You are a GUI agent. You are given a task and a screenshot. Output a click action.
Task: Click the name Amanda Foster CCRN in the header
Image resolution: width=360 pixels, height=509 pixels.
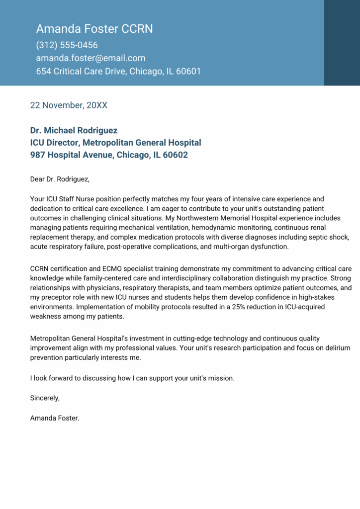click(x=94, y=29)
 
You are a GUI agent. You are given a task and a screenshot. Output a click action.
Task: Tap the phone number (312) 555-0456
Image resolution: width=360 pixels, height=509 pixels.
click(x=67, y=45)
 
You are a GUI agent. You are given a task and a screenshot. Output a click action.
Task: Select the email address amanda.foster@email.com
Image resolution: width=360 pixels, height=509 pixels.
click(x=90, y=58)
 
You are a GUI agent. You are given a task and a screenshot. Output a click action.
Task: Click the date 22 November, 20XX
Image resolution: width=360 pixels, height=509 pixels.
click(x=69, y=105)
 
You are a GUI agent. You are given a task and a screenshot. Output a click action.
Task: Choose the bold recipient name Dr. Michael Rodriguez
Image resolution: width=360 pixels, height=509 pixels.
click(x=74, y=130)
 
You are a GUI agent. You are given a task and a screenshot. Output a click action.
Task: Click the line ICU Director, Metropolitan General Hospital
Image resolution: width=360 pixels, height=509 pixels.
click(x=115, y=143)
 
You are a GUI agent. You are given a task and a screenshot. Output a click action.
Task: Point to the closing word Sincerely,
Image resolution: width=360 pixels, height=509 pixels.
click(x=45, y=398)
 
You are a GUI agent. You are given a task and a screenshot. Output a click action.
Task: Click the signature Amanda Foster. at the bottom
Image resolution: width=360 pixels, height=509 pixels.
click(x=55, y=418)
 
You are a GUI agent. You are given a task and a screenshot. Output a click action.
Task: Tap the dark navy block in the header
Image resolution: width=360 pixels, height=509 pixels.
click(x=342, y=43)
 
